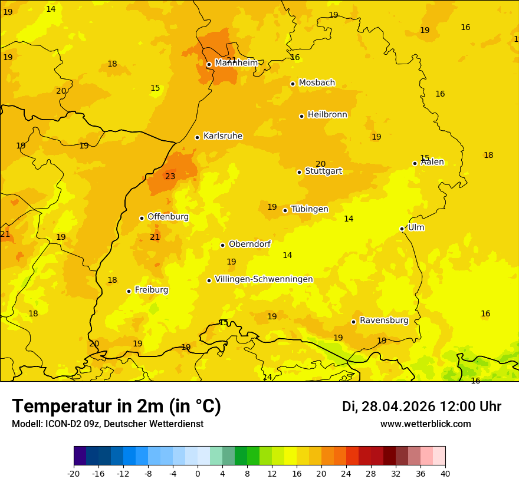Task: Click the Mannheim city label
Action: pyautogui.click(x=236, y=62)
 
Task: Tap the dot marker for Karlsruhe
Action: pyautogui.click(x=198, y=137)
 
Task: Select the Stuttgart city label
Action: pyautogui.click(x=323, y=171)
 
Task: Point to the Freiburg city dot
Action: pyautogui.click(x=129, y=291)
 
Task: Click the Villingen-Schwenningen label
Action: pyautogui.click(x=264, y=279)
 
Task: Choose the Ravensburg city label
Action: pyautogui.click(x=384, y=321)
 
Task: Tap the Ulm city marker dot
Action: pyautogui.click(x=402, y=229)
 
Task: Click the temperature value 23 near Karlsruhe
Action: pyautogui.click(x=170, y=176)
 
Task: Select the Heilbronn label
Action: pyautogui.click(x=327, y=115)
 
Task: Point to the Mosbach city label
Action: pyautogui.click(x=317, y=83)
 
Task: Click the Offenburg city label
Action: pyautogui.click(x=168, y=217)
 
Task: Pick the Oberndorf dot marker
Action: pyautogui.click(x=222, y=245)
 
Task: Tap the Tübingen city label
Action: pyautogui.click(x=310, y=209)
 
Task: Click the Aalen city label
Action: pyautogui.click(x=432, y=162)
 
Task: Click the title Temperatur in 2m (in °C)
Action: pyautogui.click(x=116, y=407)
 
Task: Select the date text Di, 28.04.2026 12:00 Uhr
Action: pyautogui.click(x=422, y=407)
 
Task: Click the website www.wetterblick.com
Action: pyautogui.click(x=425, y=424)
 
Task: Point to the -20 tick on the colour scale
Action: pyautogui.click(x=74, y=473)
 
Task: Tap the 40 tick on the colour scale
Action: pyautogui.click(x=445, y=473)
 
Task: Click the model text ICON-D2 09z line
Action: pyautogui.click(x=107, y=424)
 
